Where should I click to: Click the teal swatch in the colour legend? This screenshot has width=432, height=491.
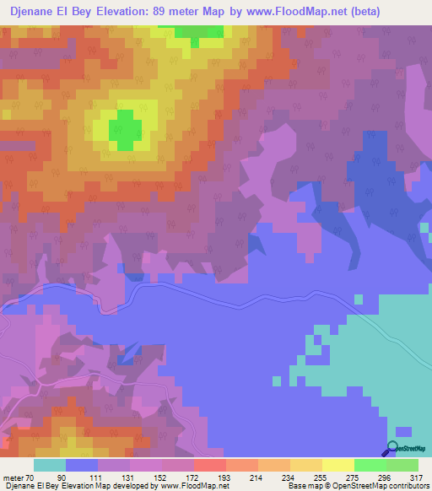(x=49, y=465)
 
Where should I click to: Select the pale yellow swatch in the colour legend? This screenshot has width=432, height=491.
(x=337, y=465)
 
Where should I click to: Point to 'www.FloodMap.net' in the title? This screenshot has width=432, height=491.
(x=288, y=12)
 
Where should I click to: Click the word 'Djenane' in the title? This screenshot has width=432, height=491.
(x=35, y=12)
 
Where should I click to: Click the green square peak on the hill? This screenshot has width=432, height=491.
(x=125, y=129)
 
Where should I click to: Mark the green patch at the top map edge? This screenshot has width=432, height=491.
(x=202, y=34)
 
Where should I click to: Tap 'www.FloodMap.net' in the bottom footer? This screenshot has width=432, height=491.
(x=182, y=485)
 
